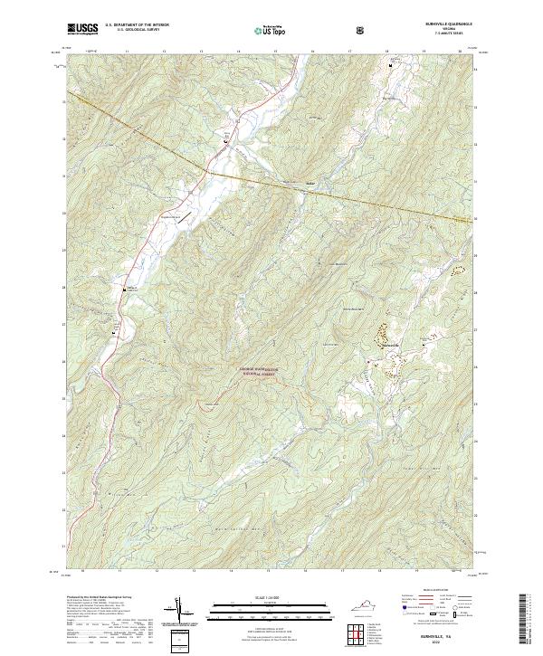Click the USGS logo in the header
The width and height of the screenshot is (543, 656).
[x=83, y=29]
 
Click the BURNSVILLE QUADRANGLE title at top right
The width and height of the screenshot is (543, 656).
[x=441, y=24]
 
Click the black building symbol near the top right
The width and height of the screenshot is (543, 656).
[x=391, y=66]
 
